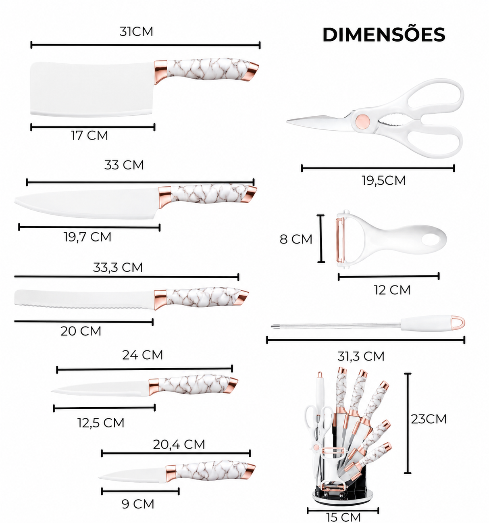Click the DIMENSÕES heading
pos(384,35)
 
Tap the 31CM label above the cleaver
pos(136,31)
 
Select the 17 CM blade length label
pos(89,135)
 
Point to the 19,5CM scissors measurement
pos(383,181)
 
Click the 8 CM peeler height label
pos(296,239)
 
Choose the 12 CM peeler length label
pos(392,290)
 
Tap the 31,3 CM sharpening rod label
pos(361,356)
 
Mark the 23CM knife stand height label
pos(429,419)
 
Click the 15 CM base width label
pos(343,517)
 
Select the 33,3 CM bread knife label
pos(118,267)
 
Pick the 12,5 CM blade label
pos(101,423)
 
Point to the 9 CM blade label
pos(138,504)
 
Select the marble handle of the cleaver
pos(208,69)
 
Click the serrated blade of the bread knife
pos(85,299)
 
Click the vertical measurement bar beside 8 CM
pos(321,239)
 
